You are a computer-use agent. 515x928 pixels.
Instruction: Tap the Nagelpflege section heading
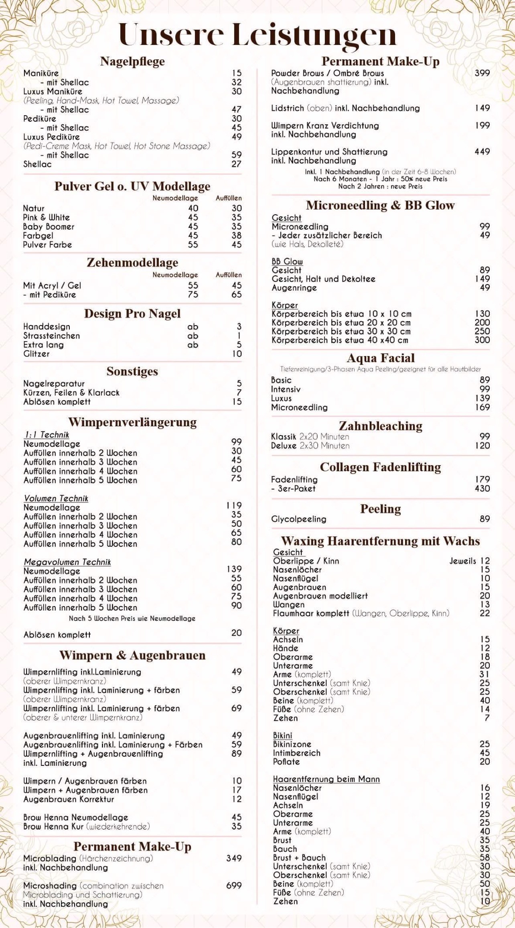[x=132, y=61]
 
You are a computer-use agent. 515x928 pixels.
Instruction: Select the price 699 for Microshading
[x=234, y=885]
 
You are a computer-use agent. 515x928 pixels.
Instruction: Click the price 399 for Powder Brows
[x=482, y=73]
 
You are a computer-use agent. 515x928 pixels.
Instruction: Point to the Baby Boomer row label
[x=49, y=226]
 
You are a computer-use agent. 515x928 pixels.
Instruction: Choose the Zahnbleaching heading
[x=380, y=426]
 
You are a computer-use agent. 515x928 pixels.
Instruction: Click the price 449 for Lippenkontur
[x=482, y=151]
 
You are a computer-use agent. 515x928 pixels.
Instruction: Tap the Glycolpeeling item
[x=299, y=519]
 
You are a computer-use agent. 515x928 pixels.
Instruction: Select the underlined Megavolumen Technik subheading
[x=67, y=562]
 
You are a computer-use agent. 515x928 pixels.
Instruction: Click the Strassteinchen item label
[x=51, y=336]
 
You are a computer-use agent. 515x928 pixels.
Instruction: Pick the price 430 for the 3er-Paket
[x=482, y=488]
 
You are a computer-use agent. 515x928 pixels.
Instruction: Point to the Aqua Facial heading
[x=380, y=358]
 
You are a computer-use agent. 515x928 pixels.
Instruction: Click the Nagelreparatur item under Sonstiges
[x=54, y=383]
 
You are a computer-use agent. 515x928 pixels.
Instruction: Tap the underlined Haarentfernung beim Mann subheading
[x=326, y=779]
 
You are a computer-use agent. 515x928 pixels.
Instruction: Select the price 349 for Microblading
[x=234, y=858]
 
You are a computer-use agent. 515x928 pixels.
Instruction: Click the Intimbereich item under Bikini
[x=296, y=753]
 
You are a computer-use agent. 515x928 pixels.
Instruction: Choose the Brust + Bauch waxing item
[x=299, y=857]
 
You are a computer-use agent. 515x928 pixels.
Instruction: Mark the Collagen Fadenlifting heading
[x=380, y=467]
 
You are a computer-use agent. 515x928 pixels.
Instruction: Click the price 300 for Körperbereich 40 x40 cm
[x=482, y=340]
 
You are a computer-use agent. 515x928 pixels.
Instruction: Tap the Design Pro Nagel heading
[x=132, y=313]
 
